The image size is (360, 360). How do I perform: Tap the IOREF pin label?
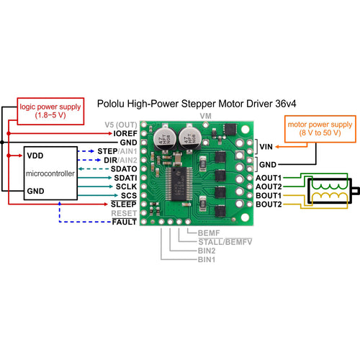[x=125, y=133]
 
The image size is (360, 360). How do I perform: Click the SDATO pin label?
[x=124, y=169]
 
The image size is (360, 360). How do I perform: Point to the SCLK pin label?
[x=126, y=186]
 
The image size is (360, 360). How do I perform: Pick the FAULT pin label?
[x=125, y=222]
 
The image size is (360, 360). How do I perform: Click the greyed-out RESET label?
[x=124, y=213]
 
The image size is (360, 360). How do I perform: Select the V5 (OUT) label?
[x=121, y=125]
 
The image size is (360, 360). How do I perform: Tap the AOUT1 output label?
[x=269, y=178]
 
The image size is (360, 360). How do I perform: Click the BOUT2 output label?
[x=269, y=204]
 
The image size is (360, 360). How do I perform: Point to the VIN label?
[x=266, y=147]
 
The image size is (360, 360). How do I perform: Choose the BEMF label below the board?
[x=209, y=233]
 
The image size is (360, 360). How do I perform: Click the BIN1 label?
[x=207, y=259]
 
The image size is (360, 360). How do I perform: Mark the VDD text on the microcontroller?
[x=35, y=156]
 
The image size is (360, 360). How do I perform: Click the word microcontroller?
[x=50, y=174]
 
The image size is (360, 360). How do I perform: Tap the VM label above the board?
[x=206, y=116]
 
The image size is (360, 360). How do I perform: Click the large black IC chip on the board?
[x=178, y=184]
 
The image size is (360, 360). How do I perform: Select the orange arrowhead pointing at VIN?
[x=277, y=147]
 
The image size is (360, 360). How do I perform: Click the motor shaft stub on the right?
[x=355, y=191]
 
